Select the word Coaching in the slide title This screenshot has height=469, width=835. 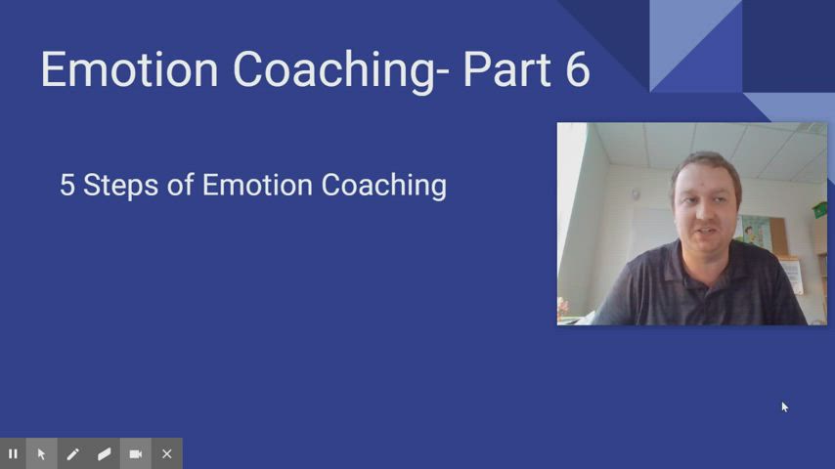pos(332,70)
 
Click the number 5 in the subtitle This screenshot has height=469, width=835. pos(66,185)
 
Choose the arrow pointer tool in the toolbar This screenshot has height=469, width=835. pos(41,453)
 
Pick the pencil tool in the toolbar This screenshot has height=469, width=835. pos(72,453)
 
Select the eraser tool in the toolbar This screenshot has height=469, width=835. pos(104,453)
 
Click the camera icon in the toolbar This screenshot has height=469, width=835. pos(136,453)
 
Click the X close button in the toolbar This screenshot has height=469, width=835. pos(167,453)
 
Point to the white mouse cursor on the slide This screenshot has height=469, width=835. pos(784,406)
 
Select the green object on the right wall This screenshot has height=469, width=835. pos(820,209)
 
